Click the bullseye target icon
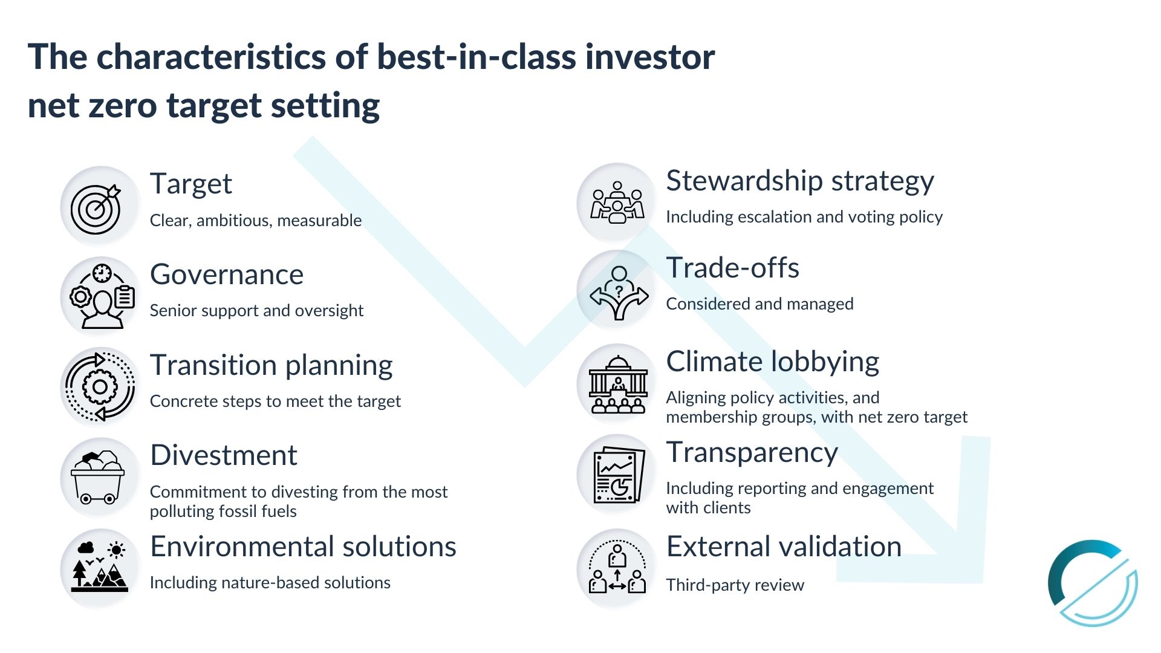pyautogui.click(x=96, y=209)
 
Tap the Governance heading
pyautogui.click(x=227, y=275)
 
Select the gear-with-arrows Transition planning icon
pyautogui.click(x=100, y=387)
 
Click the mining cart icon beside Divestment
pyautogui.click(x=98, y=478)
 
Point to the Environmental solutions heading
pyautogui.click(x=304, y=547)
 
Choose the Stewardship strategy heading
pyautogui.click(x=800, y=181)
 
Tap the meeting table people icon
pyautogui.click(x=617, y=203)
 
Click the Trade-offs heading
pyautogui.click(x=733, y=268)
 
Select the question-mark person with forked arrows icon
pyautogui.click(x=619, y=293)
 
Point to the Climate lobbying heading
pyautogui.click(x=773, y=362)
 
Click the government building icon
pyautogui.click(x=618, y=385)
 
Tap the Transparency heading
pyautogui.click(x=752, y=453)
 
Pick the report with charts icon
pyautogui.click(x=619, y=475)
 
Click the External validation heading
pyautogui.click(x=784, y=547)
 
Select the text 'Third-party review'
pyautogui.click(x=735, y=585)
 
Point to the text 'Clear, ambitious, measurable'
pyautogui.click(x=256, y=221)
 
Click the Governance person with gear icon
pyautogui.click(x=102, y=296)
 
